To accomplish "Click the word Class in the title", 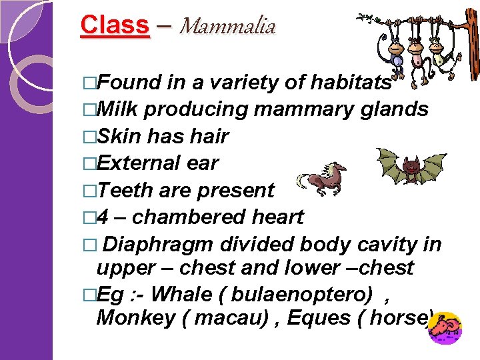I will [x=115, y=25].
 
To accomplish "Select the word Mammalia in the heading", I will [x=227, y=26].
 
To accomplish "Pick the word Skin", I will [x=119, y=137].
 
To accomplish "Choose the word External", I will [x=141, y=163].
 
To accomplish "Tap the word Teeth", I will [x=125, y=190].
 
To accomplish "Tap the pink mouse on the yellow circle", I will [x=444, y=327].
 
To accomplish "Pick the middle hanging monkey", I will [x=417, y=57].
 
